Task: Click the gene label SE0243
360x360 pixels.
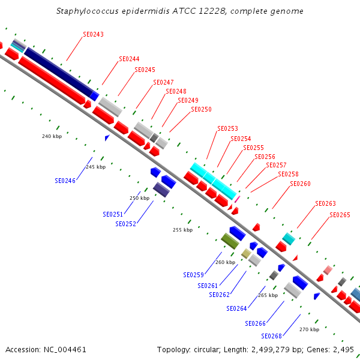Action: point(93,34)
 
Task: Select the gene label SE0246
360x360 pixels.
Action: point(65,181)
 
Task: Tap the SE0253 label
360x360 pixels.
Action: point(227,128)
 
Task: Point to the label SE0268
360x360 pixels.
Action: point(271,336)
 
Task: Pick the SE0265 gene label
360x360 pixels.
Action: point(340,215)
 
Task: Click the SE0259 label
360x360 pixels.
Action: point(194,275)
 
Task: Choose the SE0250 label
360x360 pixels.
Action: point(201,109)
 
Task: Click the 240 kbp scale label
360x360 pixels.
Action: point(52,136)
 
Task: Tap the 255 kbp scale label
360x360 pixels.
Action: point(183,230)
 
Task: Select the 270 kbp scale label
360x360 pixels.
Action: point(309,329)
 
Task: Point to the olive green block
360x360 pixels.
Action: point(230,241)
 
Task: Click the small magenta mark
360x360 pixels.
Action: point(237,199)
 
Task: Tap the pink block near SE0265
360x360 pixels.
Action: point(328,270)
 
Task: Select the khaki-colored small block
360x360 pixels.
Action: point(246,253)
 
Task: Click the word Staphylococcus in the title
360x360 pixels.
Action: point(87,11)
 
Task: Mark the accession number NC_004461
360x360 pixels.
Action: point(65,350)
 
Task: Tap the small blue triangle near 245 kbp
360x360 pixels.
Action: point(107,138)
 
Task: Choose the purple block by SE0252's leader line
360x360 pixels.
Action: point(161,190)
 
